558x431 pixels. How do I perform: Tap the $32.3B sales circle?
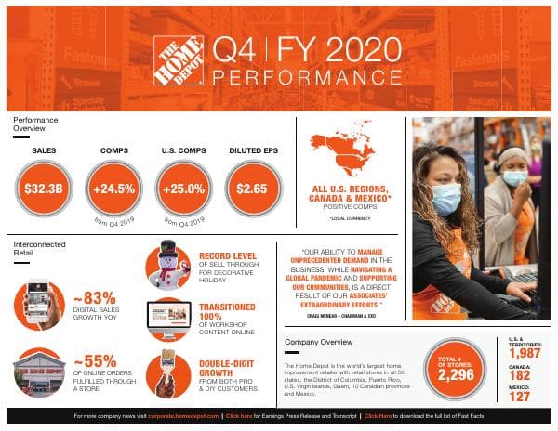click(x=44, y=189)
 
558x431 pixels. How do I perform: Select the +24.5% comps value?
click(x=113, y=189)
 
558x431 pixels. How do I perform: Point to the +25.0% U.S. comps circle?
click(x=183, y=189)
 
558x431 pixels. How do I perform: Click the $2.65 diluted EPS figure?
click(x=252, y=189)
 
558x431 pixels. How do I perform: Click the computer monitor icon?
click(x=168, y=320)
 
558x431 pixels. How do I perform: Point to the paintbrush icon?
click(x=167, y=375)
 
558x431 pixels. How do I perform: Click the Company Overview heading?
click(x=321, y=341)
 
